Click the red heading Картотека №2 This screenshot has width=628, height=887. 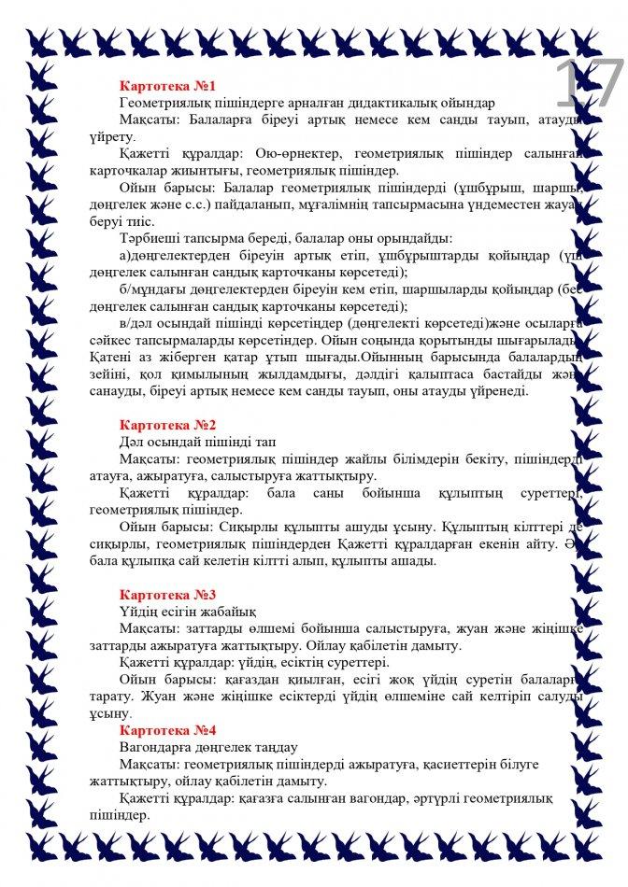168,424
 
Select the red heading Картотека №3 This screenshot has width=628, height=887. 168,595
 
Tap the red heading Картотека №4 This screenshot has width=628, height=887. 168,730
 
